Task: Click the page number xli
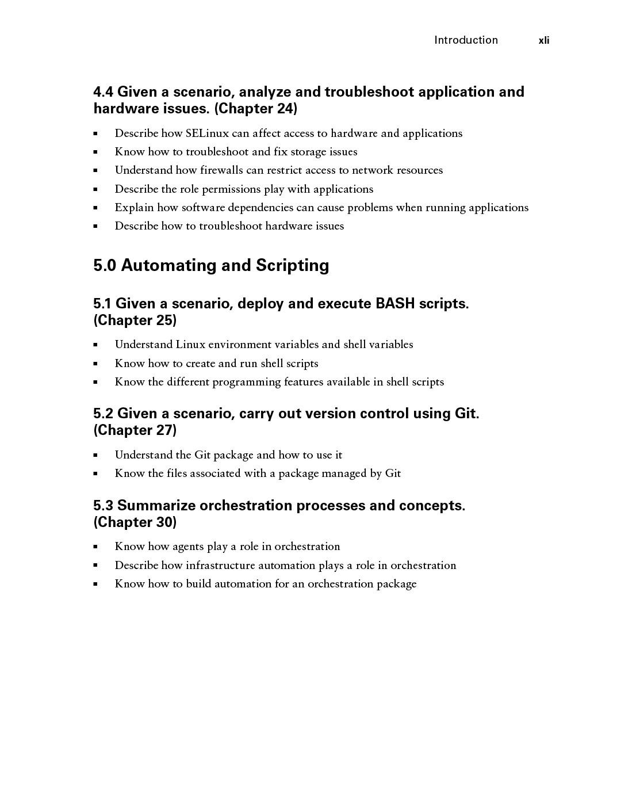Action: click(543, 40)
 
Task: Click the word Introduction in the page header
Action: click(466, 40)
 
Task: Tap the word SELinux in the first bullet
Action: click(207, 133)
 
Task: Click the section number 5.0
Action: click(105, 265)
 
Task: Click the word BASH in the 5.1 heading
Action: click(395, 303)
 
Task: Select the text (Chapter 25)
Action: click(135, 320)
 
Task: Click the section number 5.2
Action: click(103, 414)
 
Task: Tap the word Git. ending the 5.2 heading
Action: click(466, 414)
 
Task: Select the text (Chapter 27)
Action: click(135, 430)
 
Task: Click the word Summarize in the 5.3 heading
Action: click(156, 506)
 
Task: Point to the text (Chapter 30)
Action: click(135, 522)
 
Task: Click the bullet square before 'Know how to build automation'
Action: click(95, 584)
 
